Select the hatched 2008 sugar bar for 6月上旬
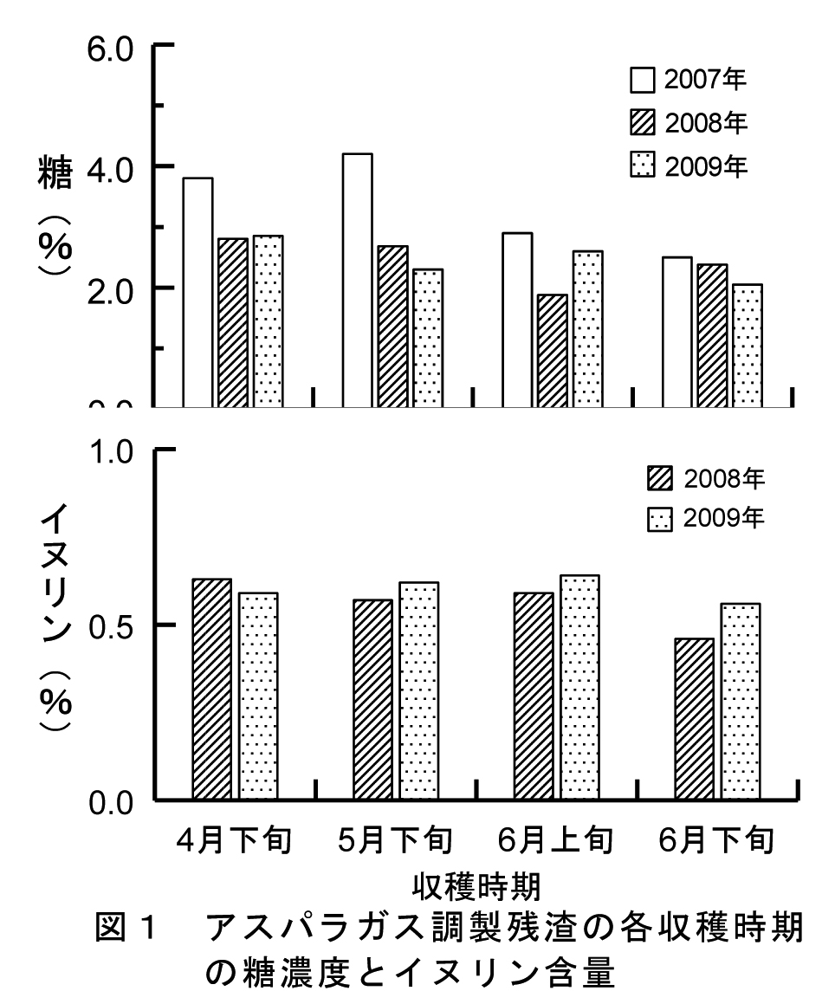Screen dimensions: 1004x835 point(553,351)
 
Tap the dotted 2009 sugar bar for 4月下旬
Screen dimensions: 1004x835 point(268,321)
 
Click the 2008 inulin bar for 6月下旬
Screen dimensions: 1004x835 point(695,719)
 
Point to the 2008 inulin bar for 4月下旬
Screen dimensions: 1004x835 point(212,689)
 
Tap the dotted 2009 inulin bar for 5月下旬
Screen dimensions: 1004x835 point(419,690)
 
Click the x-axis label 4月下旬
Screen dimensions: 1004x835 point(234,839)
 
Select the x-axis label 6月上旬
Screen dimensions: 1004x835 point(555,839)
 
